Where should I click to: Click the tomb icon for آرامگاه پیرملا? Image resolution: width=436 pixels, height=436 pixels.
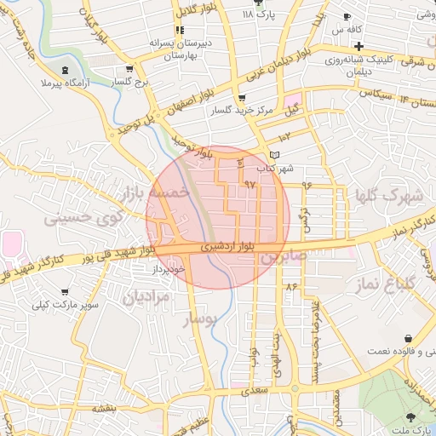pyautogui.click(x=66, y=70)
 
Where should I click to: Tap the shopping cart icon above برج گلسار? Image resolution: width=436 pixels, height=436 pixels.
pyautogui.click(x=129, y=70)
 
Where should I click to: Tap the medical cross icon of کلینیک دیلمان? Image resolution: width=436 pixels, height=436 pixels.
pyautogui.click(x=359, y=45)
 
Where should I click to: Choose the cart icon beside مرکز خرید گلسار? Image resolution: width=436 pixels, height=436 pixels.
pyautogui.click(x=242, y=98)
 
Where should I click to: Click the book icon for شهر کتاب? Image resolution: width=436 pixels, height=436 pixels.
pyautogui.click(x=272, y=154)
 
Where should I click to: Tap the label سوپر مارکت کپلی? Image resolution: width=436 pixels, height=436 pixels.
pyautogui.click(x=67, y=303)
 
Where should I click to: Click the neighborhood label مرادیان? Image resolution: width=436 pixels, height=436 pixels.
pyautogui.click(x=146, y=298)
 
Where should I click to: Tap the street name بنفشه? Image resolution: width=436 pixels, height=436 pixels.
pyautogui.click(x=104, y=408)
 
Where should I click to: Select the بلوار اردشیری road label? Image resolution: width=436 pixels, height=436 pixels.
pyautogui.click(x=226, y=247)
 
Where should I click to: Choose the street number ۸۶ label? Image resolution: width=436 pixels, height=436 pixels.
pyautogui.click(x=291, y=287)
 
